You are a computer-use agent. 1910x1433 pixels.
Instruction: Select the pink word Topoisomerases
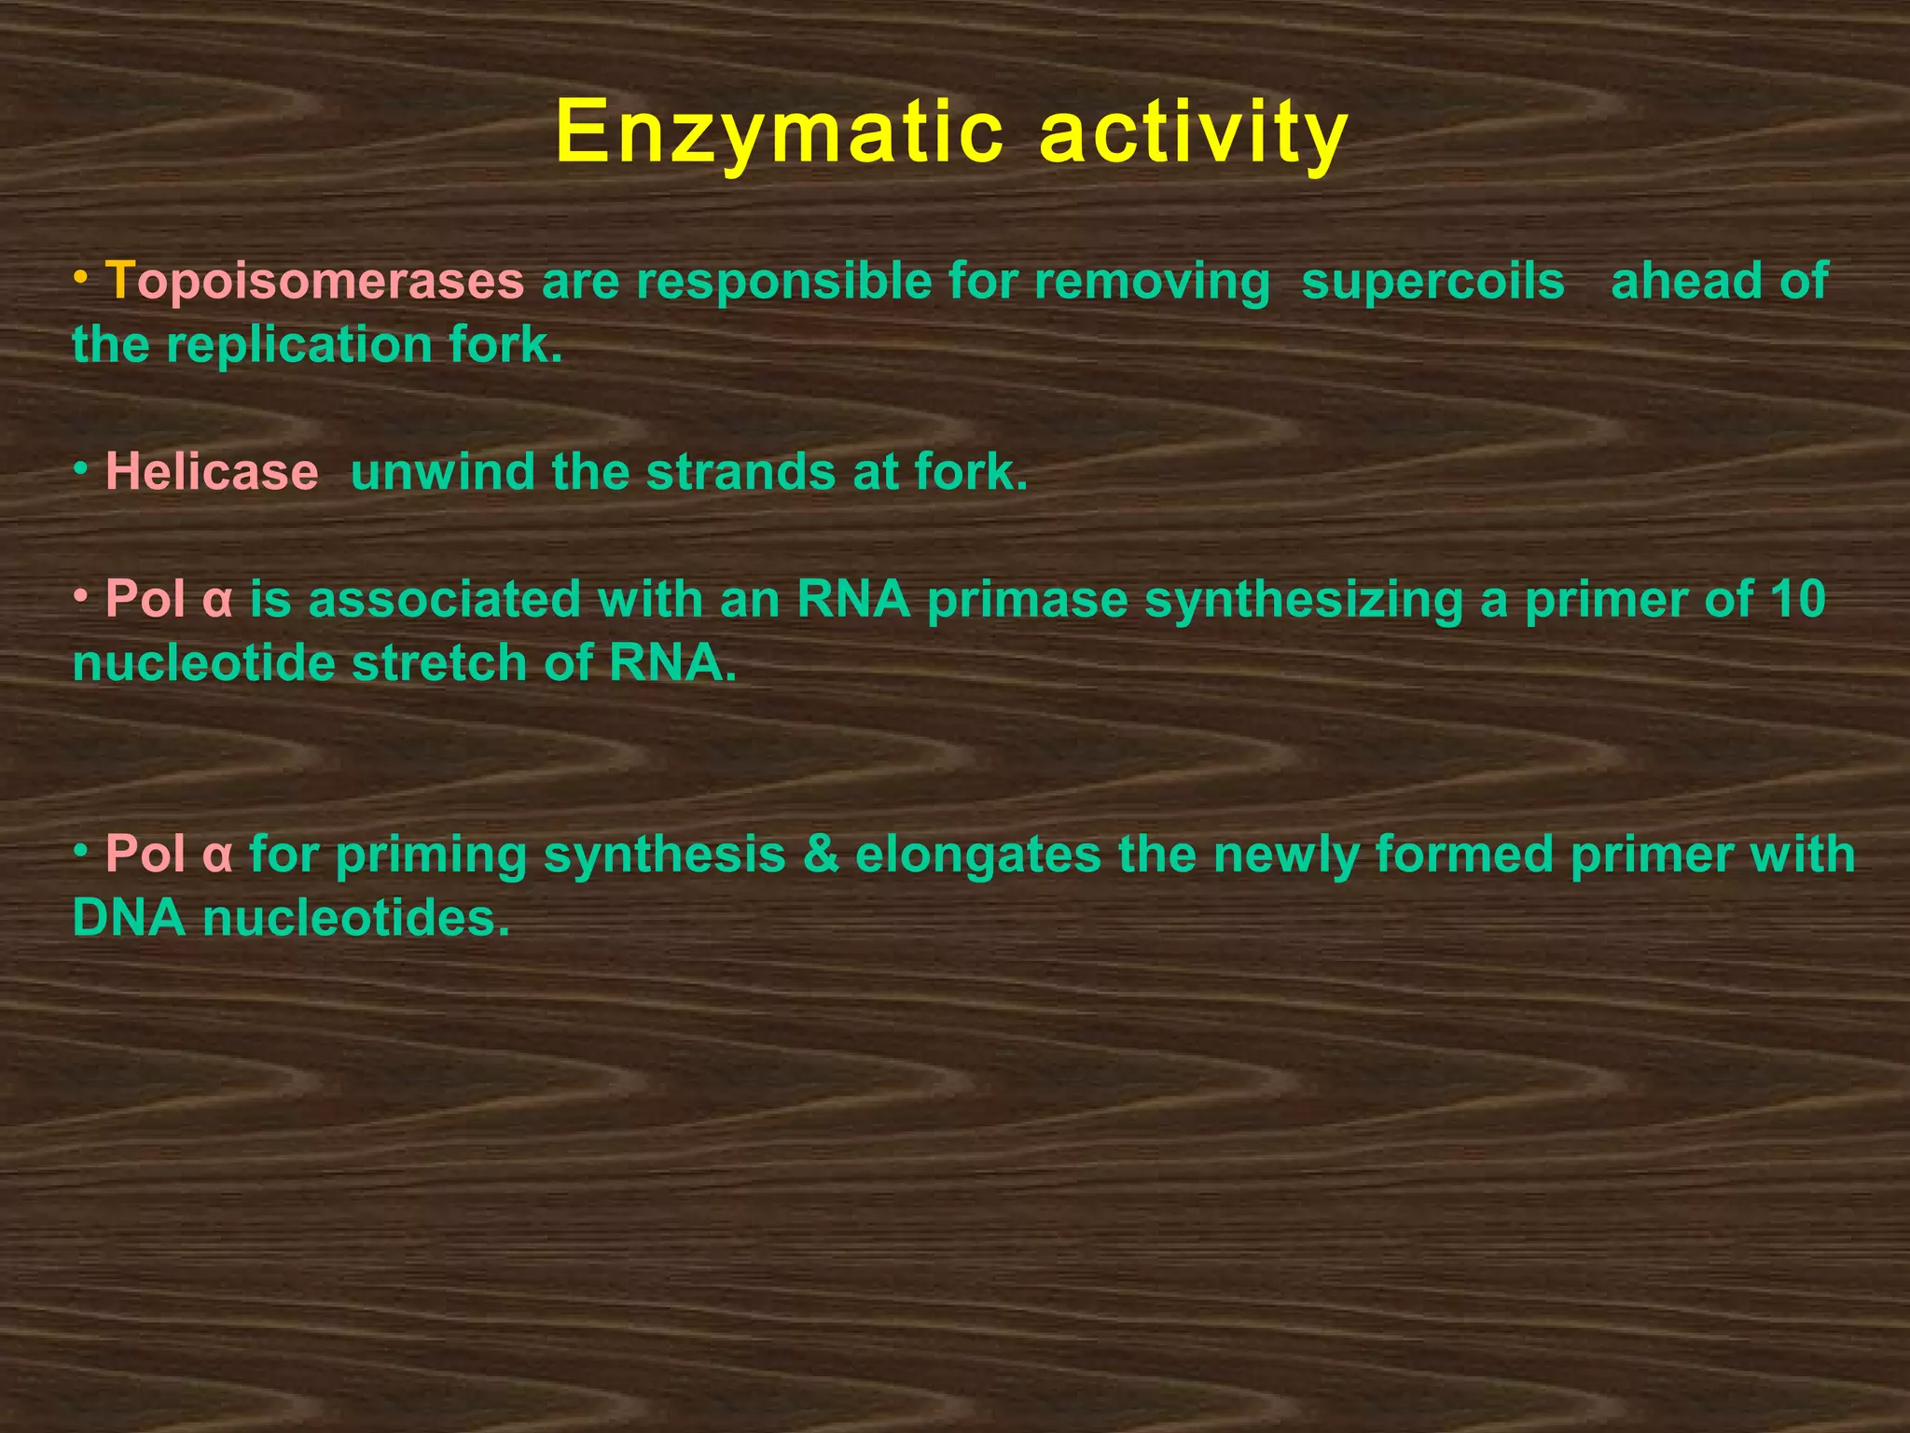pos(314,281)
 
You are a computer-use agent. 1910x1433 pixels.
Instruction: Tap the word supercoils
pos(1432,281)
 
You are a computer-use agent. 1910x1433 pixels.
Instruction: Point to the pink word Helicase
pos(212,471)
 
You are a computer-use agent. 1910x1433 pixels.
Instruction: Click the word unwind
pos(442,471)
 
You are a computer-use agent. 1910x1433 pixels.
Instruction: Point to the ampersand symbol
pos(821,854)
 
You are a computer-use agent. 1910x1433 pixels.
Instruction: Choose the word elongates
pos(978,854)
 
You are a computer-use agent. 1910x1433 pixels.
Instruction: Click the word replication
pos(299,345)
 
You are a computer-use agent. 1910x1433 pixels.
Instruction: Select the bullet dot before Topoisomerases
pos(82,277)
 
